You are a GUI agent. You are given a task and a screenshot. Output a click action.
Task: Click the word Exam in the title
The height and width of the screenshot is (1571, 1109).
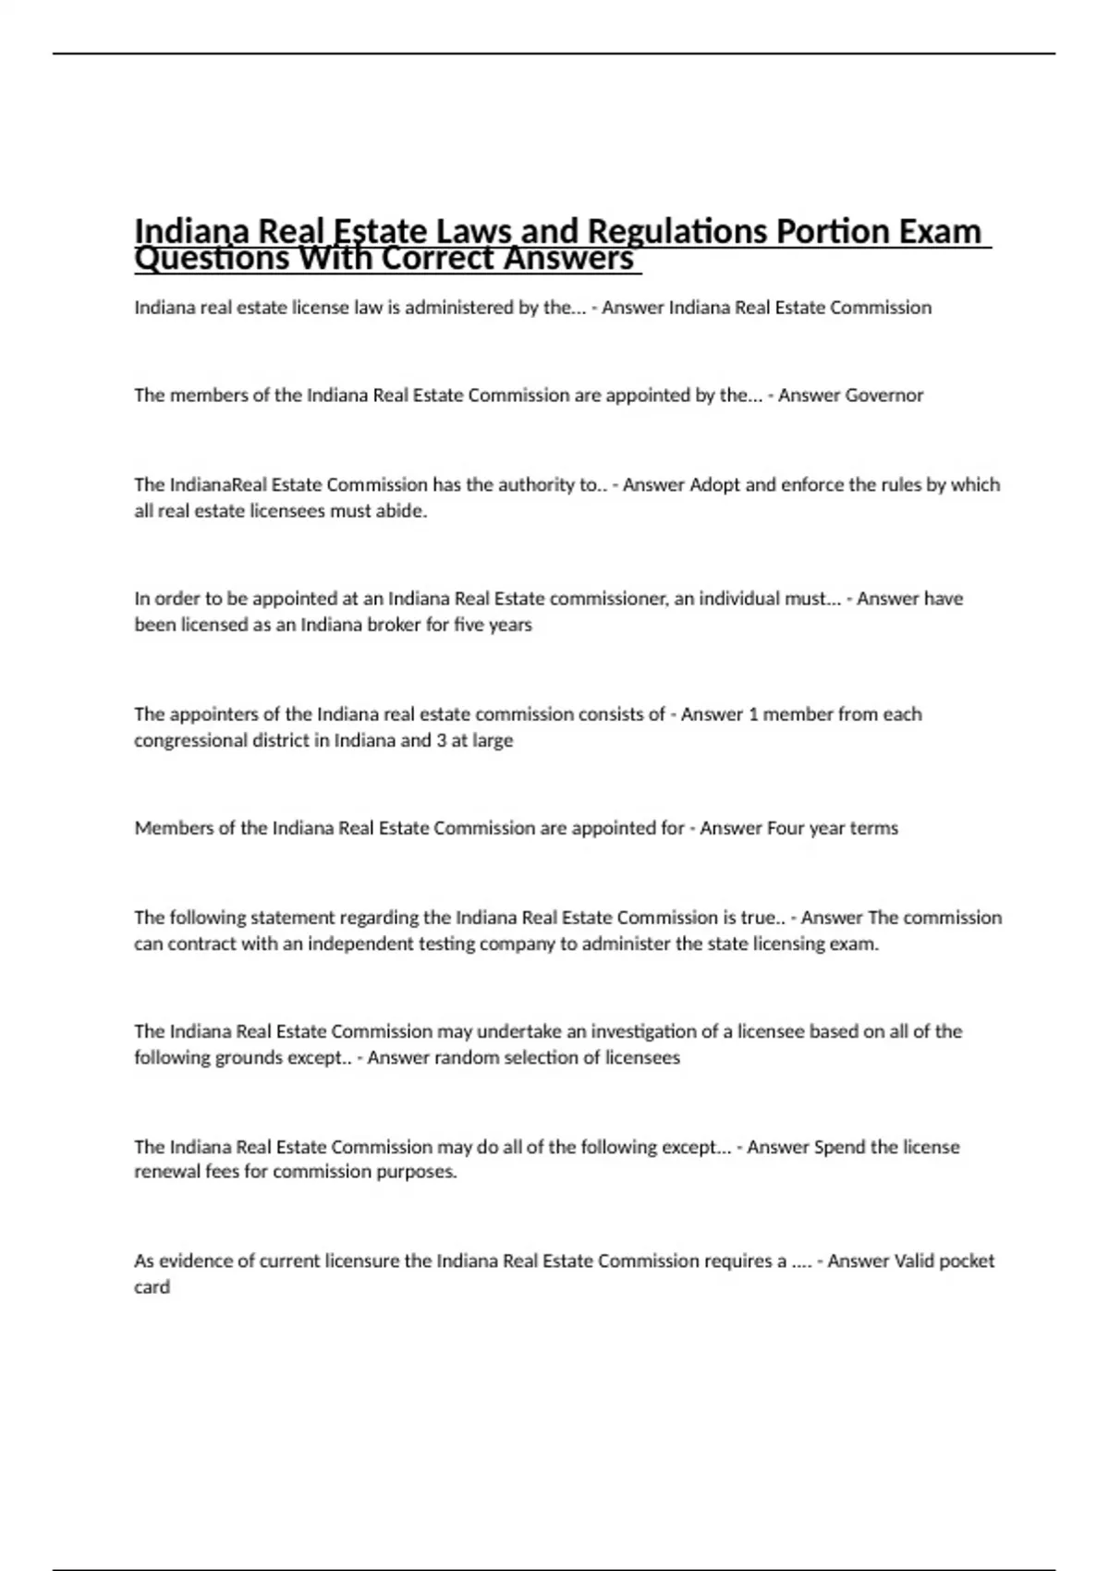[940, 230]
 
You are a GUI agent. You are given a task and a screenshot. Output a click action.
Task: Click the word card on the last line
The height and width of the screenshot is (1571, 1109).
[152, 1287]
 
